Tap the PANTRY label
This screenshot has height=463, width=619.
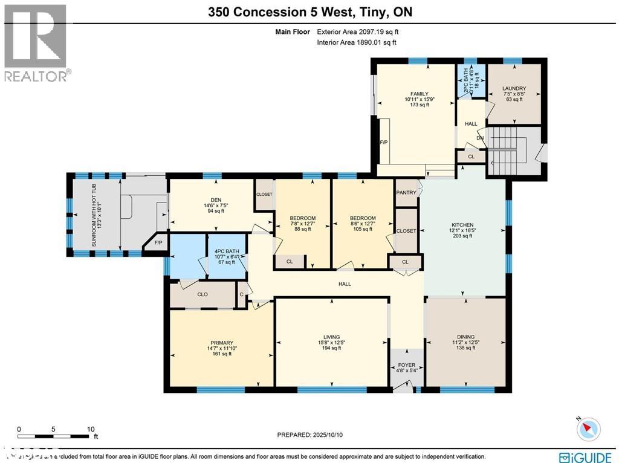tap(406, 193)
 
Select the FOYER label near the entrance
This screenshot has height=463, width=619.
tap(406, 365)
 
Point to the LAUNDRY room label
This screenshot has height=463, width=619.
tap(514, 89)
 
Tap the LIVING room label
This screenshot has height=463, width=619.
tap(331, 337)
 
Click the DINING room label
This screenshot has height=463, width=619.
tap(465, 337)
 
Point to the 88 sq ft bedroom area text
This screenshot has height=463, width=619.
tap(302, 229)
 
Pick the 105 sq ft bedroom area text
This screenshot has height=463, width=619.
tap(363, 229)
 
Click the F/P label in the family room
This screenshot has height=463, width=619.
tap(383, 143)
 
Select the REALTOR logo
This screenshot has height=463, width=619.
tap(36, 42)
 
